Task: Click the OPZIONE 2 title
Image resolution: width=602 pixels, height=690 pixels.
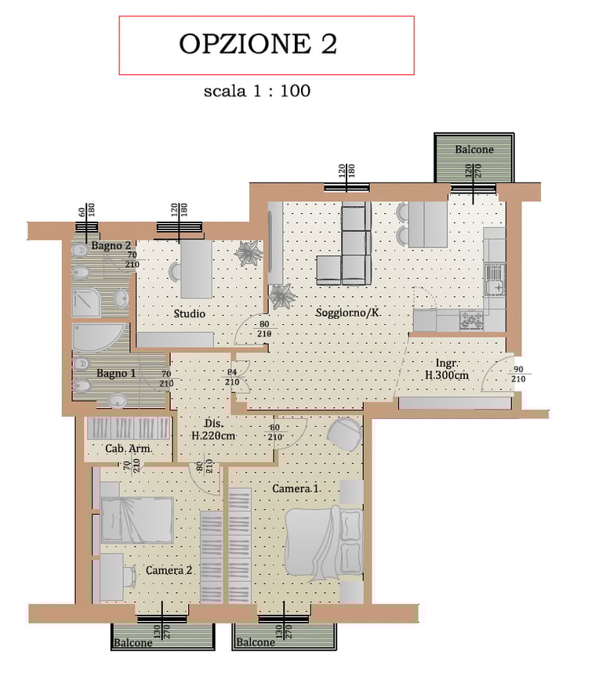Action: tap(258, 44)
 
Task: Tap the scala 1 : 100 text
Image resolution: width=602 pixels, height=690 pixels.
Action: tap(257, 91)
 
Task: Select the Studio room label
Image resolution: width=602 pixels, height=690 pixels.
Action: tap(190, 314)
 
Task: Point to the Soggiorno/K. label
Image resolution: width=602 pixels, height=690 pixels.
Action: tap(348, 312)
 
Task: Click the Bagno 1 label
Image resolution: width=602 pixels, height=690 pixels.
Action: tap(116, 373)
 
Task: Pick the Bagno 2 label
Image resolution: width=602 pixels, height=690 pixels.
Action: tap(111, 246)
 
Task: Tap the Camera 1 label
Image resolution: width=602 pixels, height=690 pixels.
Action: tap(296, 489)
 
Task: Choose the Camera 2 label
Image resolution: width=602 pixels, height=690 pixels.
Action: tap(169, 570)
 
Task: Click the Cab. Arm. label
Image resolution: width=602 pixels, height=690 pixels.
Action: tap(128, 449)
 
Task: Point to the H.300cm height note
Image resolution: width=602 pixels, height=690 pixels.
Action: tap(447, 375)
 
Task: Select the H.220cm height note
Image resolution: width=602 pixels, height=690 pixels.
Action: tap(213, 436)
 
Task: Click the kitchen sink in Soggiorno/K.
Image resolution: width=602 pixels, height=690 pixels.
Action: tap(495, 280)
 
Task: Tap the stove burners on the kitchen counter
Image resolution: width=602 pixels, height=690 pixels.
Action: tap(471, 321)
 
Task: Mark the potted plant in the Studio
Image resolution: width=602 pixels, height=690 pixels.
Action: tap(248, 254)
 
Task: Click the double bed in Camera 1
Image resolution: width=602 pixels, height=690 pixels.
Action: tap(324, 542)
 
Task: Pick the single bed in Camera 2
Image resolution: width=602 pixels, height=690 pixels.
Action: tap(136, 520)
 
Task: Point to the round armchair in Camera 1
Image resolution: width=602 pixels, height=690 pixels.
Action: tap(343, 435)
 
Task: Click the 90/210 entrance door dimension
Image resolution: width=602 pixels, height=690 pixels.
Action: tap(518, 374)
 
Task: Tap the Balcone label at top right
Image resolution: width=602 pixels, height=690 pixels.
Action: tap(474, 150)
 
